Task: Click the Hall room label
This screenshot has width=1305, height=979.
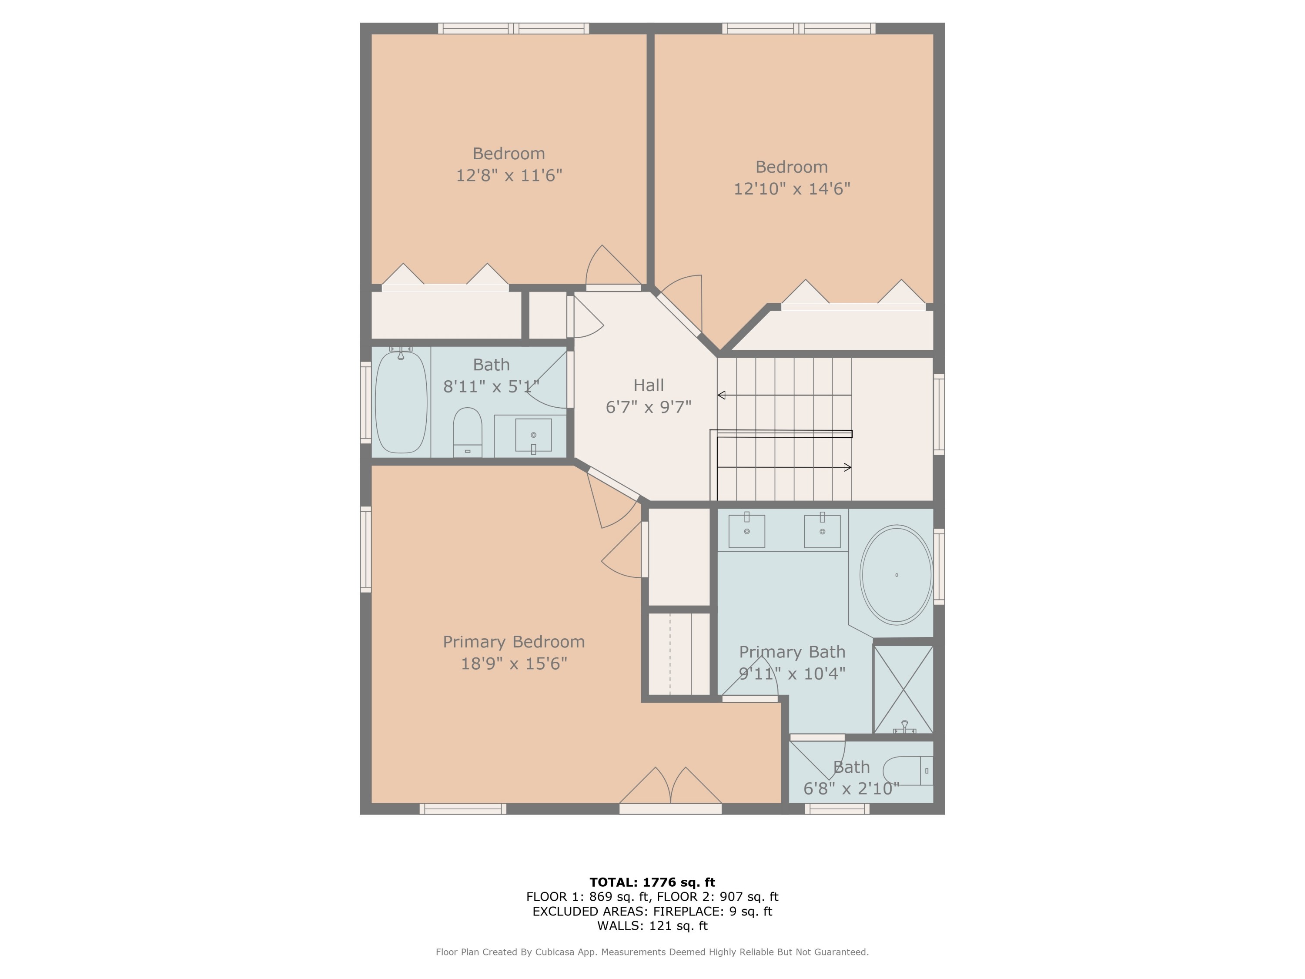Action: pyautogui.click(x=649, y=386)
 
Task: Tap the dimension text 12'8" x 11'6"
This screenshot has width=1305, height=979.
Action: pyautogui.click(x=509, y=175)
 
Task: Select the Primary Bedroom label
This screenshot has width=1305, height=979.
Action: pyautogui.click(x=513, y=642)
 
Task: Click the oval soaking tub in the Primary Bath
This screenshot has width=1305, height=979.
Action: pyautogui.click(x=896, y=575)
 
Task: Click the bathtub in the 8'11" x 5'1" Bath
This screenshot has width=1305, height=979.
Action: pyautogui.click(x=401, y=402)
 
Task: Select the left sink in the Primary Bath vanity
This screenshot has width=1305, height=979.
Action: pyautogui.click(x=746, y=531)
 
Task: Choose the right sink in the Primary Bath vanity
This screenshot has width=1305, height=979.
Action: pyautogui.click(x=822, y=531)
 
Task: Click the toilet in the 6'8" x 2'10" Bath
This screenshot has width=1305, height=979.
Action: pyautogui.click(x=906, y=771)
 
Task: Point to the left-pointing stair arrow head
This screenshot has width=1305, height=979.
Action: pyautogui.click(x=721, y=396)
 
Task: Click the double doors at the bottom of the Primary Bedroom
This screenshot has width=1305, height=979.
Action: pyautogui.click(x=671, y=788)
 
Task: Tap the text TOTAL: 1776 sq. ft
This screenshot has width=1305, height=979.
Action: pyautogui.click(x=652, y=882)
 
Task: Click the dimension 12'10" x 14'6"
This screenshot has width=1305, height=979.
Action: pyautogui.click(x=791, y=189)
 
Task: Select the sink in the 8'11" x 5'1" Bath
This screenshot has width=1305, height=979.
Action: pyautogui.click(x=533, y=436)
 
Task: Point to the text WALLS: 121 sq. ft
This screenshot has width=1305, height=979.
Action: pyautogui.click(x=652, y=926)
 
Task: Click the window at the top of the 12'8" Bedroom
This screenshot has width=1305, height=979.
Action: pyautogui.click(x=513, y=28)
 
